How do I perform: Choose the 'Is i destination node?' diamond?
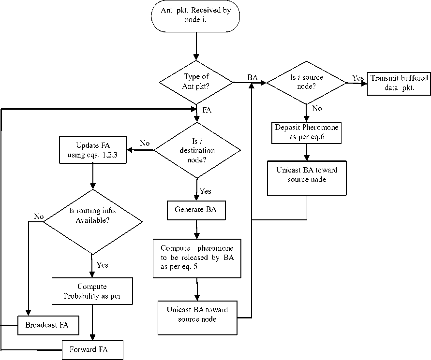click(x=196, y=150)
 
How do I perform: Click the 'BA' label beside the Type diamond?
click(x=252, y=77)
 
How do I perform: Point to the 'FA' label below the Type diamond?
click(x=207, y=110)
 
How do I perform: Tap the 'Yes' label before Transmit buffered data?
click(x=357, y=77)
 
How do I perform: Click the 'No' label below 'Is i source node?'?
click(x=317, y=109)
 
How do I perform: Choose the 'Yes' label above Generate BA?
click(x=205, y=191)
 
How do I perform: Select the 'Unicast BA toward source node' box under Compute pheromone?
click(x=197, y=317)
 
